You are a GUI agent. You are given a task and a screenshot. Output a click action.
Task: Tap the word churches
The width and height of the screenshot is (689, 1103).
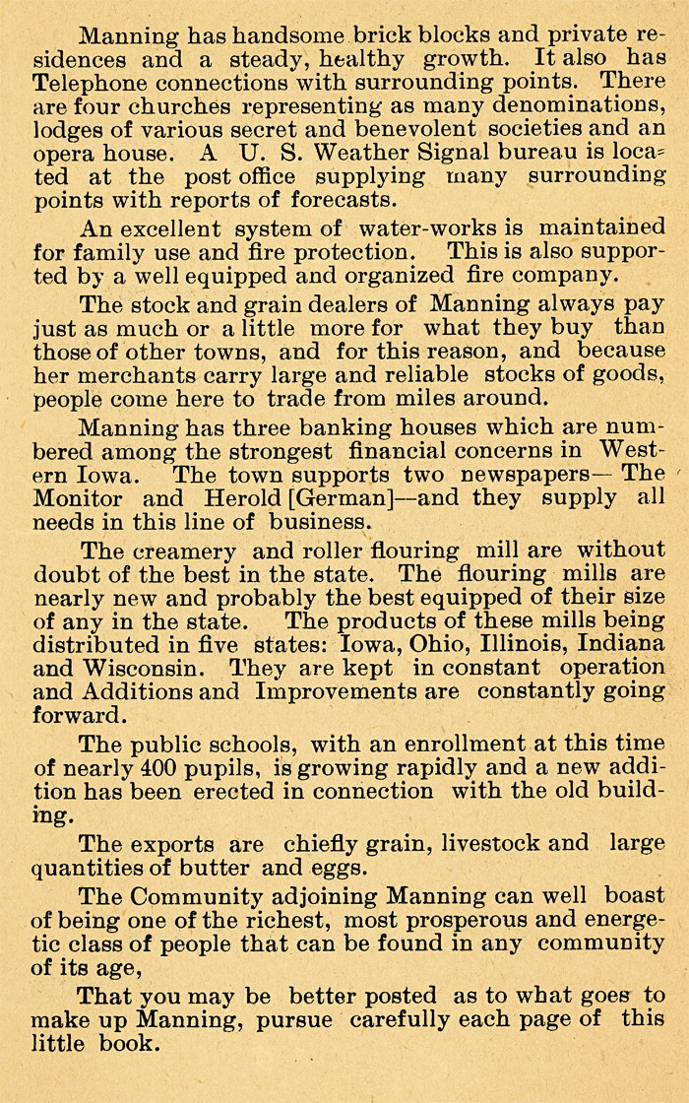(174, 106)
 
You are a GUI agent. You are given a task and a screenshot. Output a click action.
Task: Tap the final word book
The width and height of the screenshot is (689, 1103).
(129, 1043)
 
